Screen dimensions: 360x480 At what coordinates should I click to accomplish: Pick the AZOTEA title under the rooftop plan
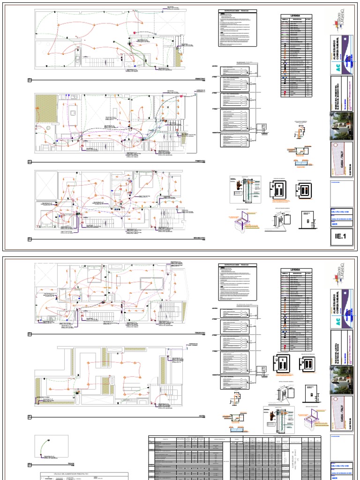point(202,416)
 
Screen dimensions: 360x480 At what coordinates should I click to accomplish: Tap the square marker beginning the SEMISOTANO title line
point(30,80)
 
